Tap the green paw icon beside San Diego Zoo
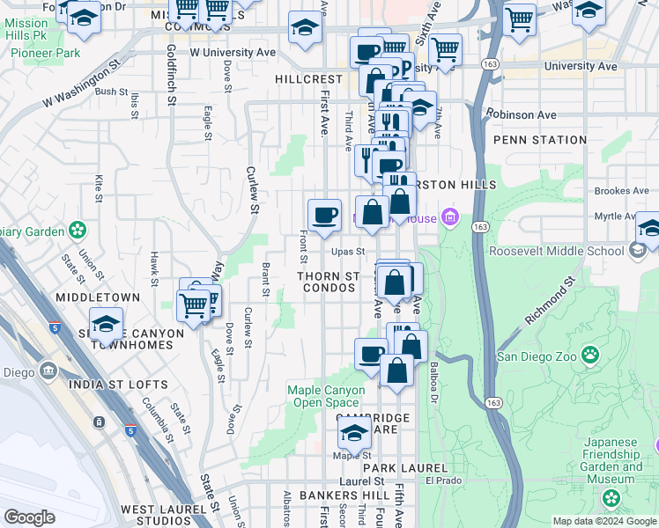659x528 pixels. pyautogui.click(x=589, y=356)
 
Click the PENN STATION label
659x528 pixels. pyautogui.click(x=540, y=140)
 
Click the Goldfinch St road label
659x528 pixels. pyautogui.click(x=172, y=99)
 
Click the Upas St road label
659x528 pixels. pyautogui.click(x=348, y=252)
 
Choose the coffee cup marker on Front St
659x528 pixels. pyautogui.click(x=324, y=215)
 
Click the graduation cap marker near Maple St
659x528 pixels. pyautogui.click(x=354, y=432)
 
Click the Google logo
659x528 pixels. pyautogui.click(x=29, y=517)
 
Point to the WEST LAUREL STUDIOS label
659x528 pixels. pyautogui.click(x=170, y=510)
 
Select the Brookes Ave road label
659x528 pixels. pyautogui.click(x=621, y=191)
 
